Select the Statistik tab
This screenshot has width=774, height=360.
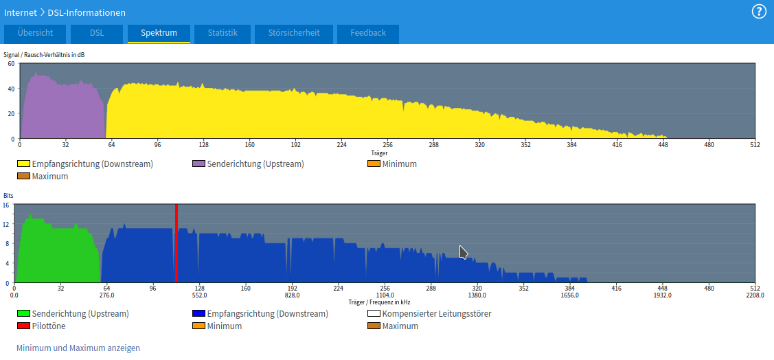click(223, 33)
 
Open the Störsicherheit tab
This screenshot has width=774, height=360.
click(293, 33)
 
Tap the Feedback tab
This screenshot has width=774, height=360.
click(368, 33)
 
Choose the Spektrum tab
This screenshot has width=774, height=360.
click(159, 33)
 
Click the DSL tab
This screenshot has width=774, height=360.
click(97, 33)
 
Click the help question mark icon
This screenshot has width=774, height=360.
click(759, 12)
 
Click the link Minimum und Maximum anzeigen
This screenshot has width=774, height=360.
click(78, 348)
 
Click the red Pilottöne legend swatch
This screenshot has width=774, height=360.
click(23, 326)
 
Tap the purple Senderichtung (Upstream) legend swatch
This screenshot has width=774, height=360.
click(198, 164)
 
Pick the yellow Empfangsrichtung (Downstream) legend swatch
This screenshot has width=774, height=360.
click(23, 164)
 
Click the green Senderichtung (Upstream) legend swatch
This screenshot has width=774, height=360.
click(23, 314)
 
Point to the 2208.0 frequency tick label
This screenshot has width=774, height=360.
click(754, 295)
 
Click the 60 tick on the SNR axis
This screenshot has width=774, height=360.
click(11, 64)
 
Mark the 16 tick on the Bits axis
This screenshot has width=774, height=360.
click(6, 205)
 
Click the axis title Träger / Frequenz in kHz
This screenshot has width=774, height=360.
click(379, 302)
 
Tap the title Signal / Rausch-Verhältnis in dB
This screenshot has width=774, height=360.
click(44, 54)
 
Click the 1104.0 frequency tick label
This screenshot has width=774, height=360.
click(385, 295)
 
